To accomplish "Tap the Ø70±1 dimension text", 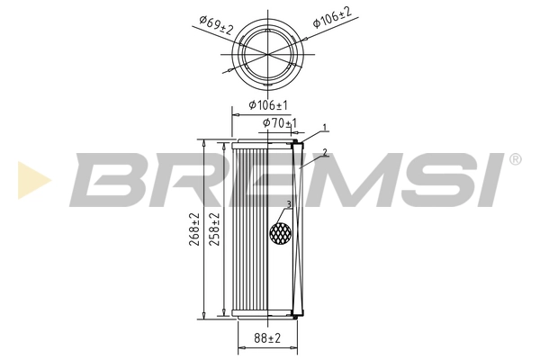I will tap(279, 122).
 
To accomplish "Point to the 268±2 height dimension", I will tap(194, 229).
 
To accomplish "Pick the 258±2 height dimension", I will tap(215, 229).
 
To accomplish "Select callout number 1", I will tap(325, 127).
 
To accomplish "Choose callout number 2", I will tap(324, 152).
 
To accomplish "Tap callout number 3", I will tap(288, 205).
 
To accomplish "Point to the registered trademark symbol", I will tap(514, 159).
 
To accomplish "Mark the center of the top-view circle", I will tap(267, 55).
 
